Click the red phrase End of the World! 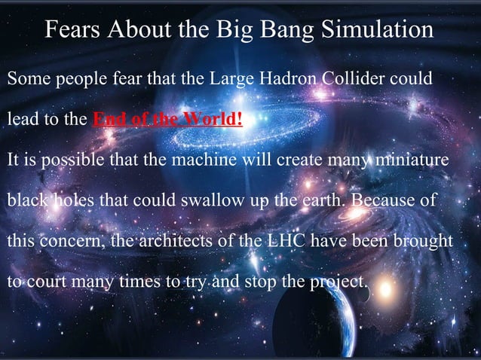(x=168, y=120)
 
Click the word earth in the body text (x=325, y=202)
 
